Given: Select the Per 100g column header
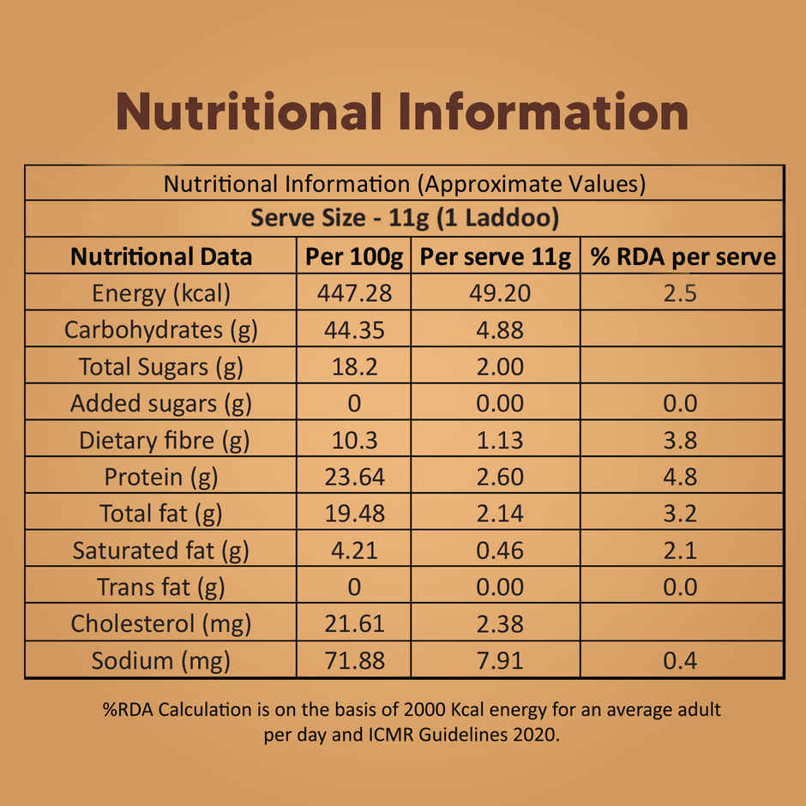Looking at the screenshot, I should point(353,256).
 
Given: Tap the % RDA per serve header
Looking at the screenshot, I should point(682,256).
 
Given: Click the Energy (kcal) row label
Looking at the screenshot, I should point(161,293).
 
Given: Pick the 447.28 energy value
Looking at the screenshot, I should point(353,293).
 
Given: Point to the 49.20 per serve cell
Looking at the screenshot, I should point(500,293).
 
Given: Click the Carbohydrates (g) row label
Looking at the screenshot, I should point(161,330).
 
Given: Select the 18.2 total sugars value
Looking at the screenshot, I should point(353,367).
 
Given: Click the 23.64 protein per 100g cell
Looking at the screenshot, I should point(353,477).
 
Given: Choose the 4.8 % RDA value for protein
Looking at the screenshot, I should point(680,477).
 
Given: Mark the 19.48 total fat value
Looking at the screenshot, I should point(353,514).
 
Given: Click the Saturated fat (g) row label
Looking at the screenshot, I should point(161,550).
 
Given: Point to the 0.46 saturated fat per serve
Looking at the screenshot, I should point(500,550).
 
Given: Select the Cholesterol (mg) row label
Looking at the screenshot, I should point(161,623).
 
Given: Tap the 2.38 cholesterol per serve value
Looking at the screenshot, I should point(500,623).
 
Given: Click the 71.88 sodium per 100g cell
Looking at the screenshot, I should point(353,660).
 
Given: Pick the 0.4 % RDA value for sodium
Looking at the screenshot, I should point(680,660).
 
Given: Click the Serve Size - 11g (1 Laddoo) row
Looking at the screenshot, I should point(404,219).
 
